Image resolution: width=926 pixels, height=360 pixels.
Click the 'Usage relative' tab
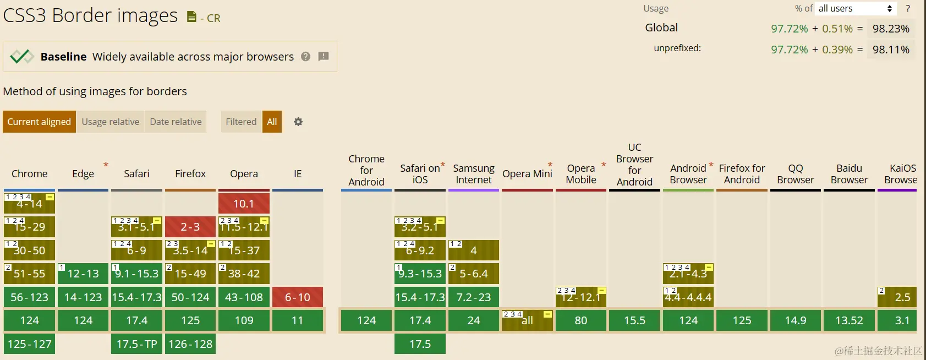[110, 122]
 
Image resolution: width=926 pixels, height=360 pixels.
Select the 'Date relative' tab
[176, 122]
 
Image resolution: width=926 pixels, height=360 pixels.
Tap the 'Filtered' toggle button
[241, 122]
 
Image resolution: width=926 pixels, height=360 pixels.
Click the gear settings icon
[298, 122]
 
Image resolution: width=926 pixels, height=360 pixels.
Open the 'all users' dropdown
[856, 8]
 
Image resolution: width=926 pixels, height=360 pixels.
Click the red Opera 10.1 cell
[244, 204]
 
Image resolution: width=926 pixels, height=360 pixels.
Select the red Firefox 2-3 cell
[190, 227]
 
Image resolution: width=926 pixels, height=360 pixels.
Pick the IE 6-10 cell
[297, 297]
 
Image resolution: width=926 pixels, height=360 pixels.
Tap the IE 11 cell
[297, 320]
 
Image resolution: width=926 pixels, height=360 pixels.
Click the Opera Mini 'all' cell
[527, 320]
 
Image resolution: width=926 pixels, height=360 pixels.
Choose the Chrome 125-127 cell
[29, 344]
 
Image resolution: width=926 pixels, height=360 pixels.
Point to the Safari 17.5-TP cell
[136, 344]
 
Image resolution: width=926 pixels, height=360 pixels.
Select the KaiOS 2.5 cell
[897, 297]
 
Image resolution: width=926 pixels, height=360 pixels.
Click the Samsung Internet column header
[473, 174]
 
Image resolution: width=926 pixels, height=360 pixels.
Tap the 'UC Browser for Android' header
[634, 165]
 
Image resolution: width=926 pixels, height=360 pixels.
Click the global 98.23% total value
[891, 29]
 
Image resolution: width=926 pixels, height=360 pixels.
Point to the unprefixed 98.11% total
[891, 50]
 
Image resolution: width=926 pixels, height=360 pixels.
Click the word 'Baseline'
[63, 57]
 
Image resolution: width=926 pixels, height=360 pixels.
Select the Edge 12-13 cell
[83, 274]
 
